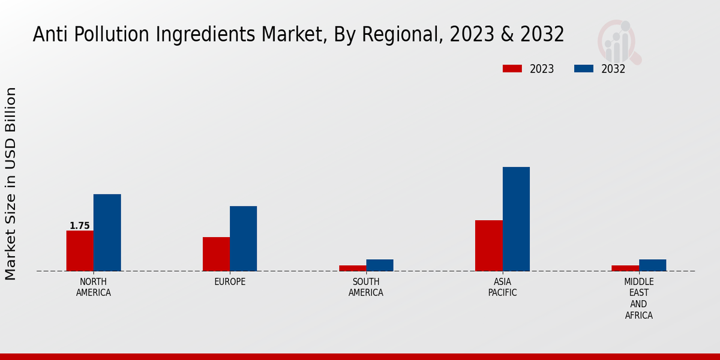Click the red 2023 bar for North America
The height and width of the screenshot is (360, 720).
pyautogui.click(x=80, y=251)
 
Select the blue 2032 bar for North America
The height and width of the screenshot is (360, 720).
pyautogui.click(x=107, y=233)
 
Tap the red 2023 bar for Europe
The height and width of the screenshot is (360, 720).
pyautogui.click(x=216, y=254)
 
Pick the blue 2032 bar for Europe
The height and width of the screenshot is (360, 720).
pyautogui.click(x=243, y=239)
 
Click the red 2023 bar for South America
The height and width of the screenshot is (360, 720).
pyautogui.click(x=352, y=268)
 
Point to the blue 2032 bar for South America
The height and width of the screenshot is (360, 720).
pyautogui.click(x=380, y=265)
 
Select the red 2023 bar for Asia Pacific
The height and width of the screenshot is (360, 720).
pyautogui.click(x=489, y=245)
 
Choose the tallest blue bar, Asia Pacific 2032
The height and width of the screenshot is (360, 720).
pyautogui.click(x=516, y=219)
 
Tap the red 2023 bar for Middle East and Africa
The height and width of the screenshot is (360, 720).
pyautogui.click(x=625, y=268)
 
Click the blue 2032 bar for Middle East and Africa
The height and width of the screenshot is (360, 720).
pyautogui.click(x=652, y=265)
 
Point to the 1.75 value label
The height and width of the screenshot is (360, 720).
pyautogui.click(x=80, y=226)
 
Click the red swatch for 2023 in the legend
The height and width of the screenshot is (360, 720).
pyautogui.click(x=512, y=69)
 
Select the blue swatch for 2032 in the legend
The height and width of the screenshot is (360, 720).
pyautogui.click(x=584, y=69)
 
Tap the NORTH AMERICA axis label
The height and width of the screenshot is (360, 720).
pyautogui.click(x=94, y=287)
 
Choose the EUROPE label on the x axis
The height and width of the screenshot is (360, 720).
pyautogui.click(x=230, y=282)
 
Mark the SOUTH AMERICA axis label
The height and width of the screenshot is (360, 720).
pyautogui.click(x=366, y=287)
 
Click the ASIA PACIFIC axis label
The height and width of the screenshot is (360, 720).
pyautogui.click(x=502, y=287)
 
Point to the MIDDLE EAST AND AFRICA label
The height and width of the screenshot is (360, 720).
pyautogui.click(x=639, y=299)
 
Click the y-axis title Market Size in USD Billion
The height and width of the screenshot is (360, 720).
pyautogui.click(x=11, y=184)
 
